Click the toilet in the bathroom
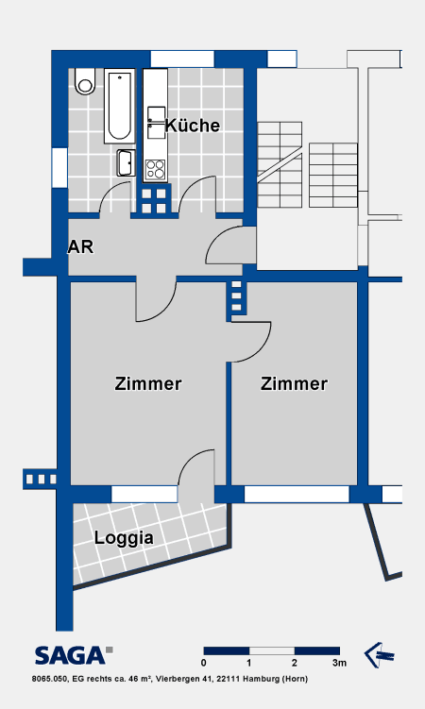pos(85,81)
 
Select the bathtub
pos(120,106)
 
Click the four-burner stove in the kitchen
pos(155,171)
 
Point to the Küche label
pos(193,126)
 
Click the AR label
pos(80,247)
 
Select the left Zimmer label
pos(148,383)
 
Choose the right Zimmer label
pos(294,383)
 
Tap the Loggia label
pos(124,538)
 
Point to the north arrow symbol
pos(379,655)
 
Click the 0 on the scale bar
pos(204,663)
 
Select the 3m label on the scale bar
pos(340,663)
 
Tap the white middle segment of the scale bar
pos(272,651)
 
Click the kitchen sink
pos(157,122)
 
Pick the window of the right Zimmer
pos(297,494)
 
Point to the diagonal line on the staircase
pos(280,167)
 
